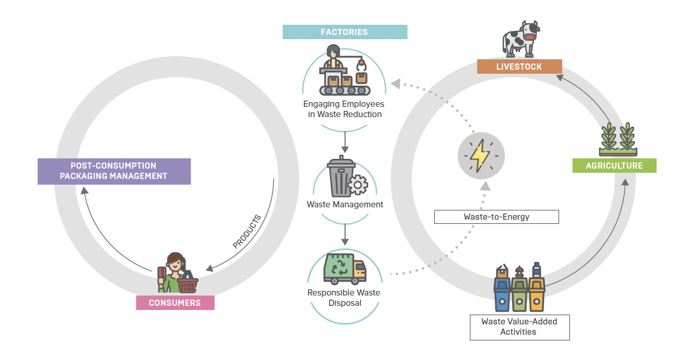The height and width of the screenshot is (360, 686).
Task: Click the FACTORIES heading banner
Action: (x=345, y=32)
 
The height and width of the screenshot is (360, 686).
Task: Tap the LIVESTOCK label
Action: (x=519, y=67)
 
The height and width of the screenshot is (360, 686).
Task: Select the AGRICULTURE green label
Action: (x=614, y=166)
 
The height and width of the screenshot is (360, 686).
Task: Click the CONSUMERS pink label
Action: (x=175, y=303)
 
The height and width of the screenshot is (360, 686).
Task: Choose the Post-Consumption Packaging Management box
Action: (x=114, y=171)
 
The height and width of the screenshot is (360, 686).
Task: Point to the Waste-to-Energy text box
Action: (x=496, y=217)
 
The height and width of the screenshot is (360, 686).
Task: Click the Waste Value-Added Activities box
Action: (x=519, y=327)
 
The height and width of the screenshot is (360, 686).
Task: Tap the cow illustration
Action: (x=520, y=39)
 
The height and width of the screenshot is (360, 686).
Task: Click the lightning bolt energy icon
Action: (x=481, y=155)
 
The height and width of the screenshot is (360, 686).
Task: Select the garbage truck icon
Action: (x=345, y=269)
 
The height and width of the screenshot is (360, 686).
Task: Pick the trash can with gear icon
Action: (x=341, y=177)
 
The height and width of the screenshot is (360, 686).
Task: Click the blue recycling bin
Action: (x=502, y=296)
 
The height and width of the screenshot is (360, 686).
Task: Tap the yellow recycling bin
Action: (x=536, y=296)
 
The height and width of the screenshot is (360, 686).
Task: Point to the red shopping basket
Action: (x=187, y=285)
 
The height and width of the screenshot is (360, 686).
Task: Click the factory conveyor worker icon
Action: (x=345, y=72)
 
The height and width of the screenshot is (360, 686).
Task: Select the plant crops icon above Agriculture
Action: (x=618, y=139)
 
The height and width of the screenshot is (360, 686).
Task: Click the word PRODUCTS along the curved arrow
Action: (x=247, y=231)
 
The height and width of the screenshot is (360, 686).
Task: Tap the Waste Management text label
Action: (x=345, y=204)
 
